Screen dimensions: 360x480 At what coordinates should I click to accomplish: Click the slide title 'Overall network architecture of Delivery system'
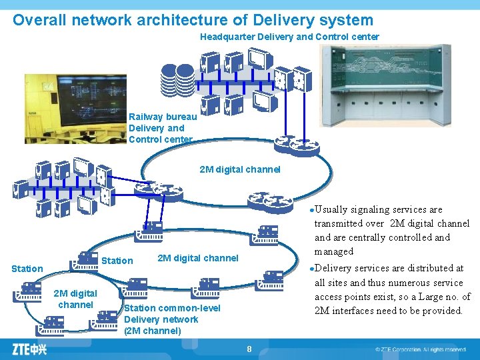(x=193, y=20)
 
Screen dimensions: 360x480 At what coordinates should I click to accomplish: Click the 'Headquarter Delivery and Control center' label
(x=289, y=37)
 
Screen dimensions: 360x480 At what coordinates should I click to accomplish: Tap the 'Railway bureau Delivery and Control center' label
(x=162, y=128)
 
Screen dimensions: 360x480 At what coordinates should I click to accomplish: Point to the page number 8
(x=249, y=349)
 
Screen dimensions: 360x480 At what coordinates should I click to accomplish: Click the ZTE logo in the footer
(x=29, y=349)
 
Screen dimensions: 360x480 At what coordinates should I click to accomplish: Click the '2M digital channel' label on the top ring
(x=240, y=169)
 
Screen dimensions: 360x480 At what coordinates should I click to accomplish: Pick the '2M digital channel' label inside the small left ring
(x=75, y=299)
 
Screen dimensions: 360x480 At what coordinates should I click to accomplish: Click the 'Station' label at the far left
(x=27, y=269)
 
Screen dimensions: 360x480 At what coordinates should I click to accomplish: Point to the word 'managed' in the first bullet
(x=334, y=251)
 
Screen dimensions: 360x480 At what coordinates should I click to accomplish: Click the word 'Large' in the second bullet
(x=436, y=297)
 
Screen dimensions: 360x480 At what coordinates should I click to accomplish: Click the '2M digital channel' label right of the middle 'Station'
(x=197, y=258)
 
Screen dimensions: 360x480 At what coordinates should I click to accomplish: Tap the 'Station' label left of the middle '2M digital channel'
(x=118, y=261)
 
